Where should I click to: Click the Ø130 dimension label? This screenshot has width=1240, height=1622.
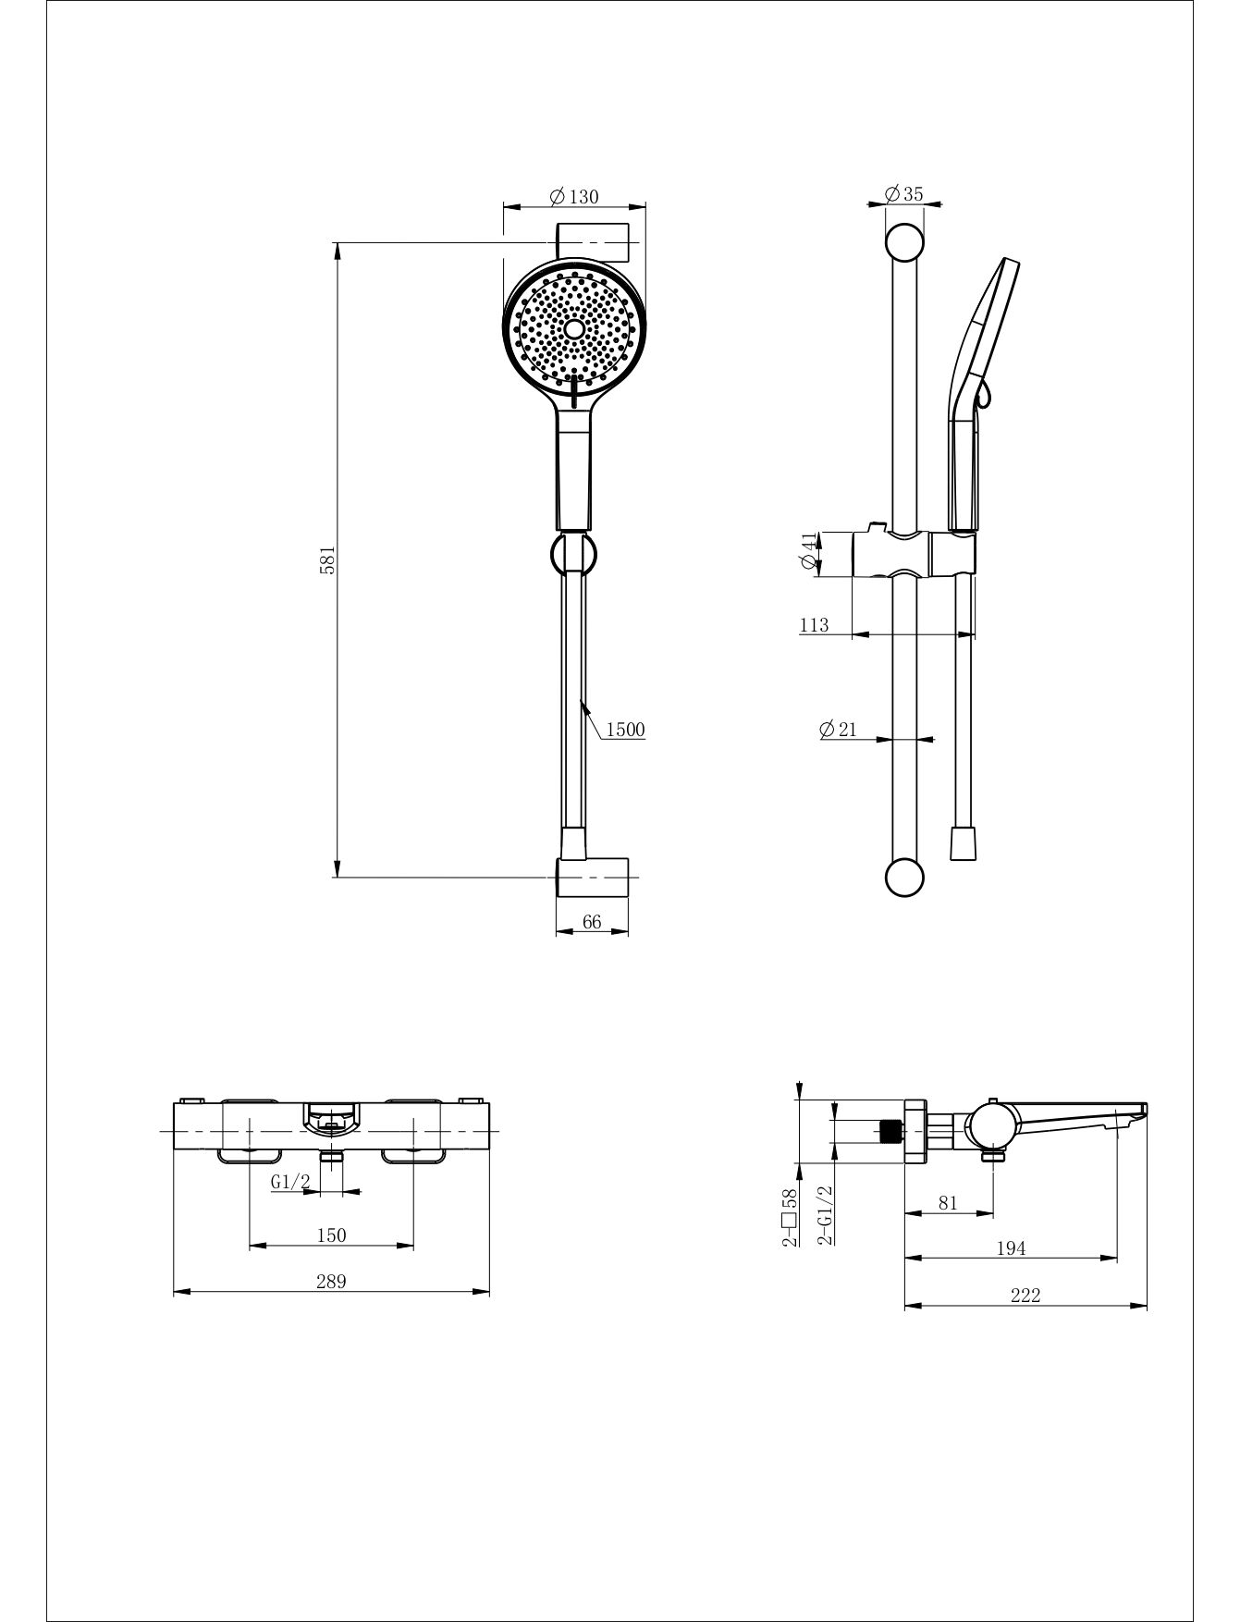click(x=574, y=196)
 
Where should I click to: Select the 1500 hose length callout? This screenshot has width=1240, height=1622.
click(x=626, y=730)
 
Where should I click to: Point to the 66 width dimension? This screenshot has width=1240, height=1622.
click(x=592, y=922)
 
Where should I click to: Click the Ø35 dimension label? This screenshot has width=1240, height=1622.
click(x=903, y=194)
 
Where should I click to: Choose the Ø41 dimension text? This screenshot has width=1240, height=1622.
click(x=809, y=553)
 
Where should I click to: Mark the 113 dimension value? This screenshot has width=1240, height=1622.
click(x=814, y=625)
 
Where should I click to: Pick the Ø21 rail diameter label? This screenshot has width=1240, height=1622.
click(x=838, y=729)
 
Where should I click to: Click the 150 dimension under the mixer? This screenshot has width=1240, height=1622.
click(x=331, y=1235)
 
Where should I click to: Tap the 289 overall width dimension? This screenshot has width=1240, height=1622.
click(x=331, y=1281)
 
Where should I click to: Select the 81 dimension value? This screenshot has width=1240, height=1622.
click(x=948, y=1203)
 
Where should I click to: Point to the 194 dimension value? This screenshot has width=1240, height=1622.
click(x=1011, y=1248)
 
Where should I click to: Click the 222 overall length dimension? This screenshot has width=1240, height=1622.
click(x=1025, y=1295)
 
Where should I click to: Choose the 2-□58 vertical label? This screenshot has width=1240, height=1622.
click(x=790, y=1218)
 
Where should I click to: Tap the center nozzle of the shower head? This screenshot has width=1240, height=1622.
click(x=574, y=329)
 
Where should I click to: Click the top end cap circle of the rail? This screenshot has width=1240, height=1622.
click(x=904, y=243)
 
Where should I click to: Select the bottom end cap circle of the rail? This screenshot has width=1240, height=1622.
click(x=904, y=878)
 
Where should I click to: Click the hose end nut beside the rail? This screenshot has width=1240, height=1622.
click(x=964, y=842)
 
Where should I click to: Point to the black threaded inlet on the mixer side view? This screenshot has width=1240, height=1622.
click(x=890, y=1131)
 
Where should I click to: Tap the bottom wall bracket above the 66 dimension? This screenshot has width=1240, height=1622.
click(x=592, y=877)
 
